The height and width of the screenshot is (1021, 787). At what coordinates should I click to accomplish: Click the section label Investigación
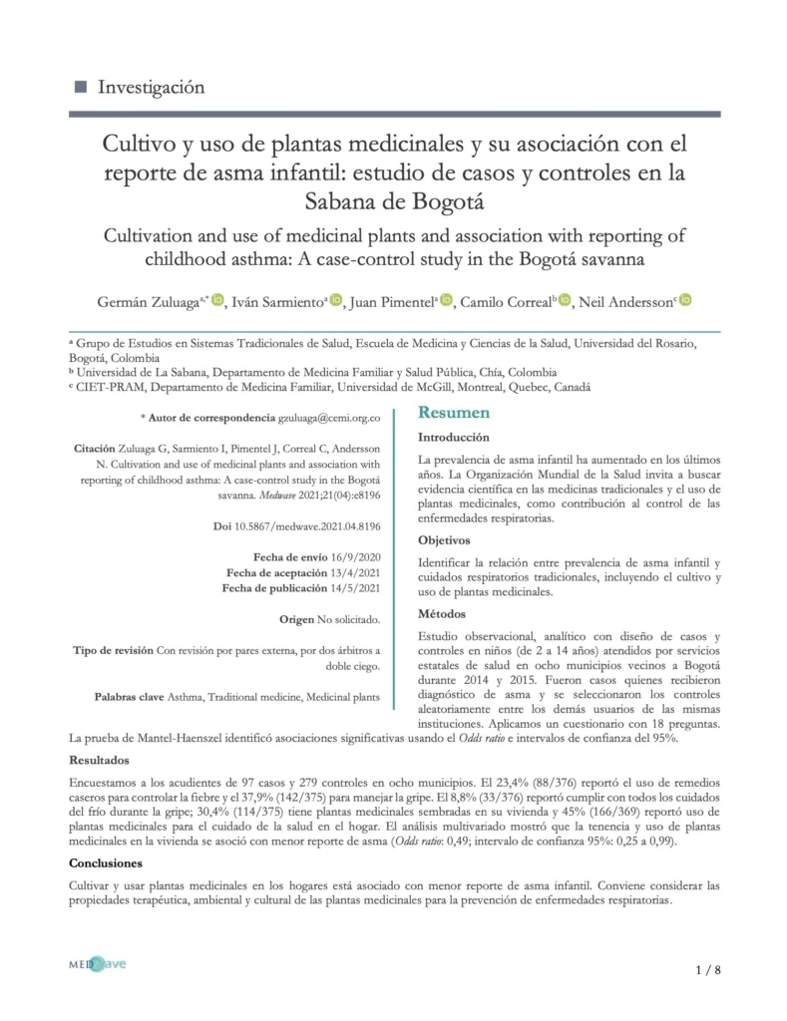[151, 87]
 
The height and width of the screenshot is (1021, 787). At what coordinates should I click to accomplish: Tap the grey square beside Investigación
[82, 87]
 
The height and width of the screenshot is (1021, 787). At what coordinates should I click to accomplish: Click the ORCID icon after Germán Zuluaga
[218, 300]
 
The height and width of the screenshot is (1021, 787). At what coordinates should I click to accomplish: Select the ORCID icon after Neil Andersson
[685, 300]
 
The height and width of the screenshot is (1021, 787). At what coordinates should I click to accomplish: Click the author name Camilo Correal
[506, 301]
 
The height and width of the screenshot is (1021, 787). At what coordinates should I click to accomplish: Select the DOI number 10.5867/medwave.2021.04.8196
[323, 525]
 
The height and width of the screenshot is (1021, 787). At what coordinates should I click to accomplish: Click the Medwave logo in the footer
[96, 965]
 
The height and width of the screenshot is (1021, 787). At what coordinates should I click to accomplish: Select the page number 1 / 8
[706, 970]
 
